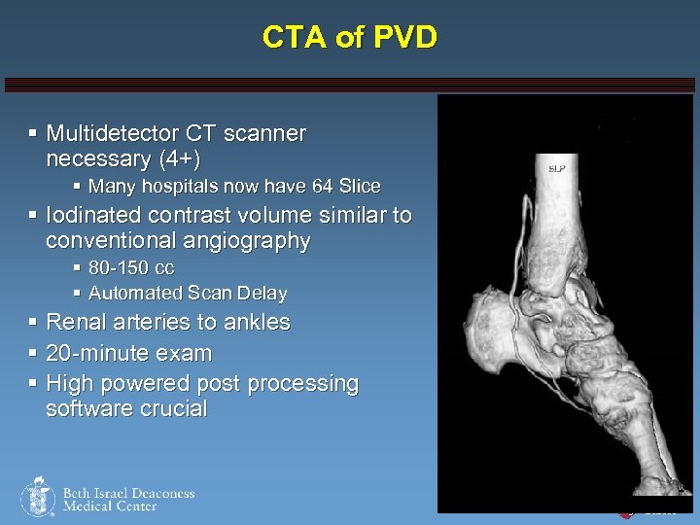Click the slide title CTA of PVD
pyautogui.click(x=350, y=38)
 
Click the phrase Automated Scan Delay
pyautogui.click(x=188, y=293)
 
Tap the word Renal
pyautogui.click(x=75, y=322)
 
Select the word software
pyautogui.click(x=87, y=408)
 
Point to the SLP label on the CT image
pyautogui.click(x=557, y=168)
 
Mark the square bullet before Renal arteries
pyautogui.click(x=33, y=322)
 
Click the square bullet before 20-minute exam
pyautogui.click(x=33, y=353)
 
